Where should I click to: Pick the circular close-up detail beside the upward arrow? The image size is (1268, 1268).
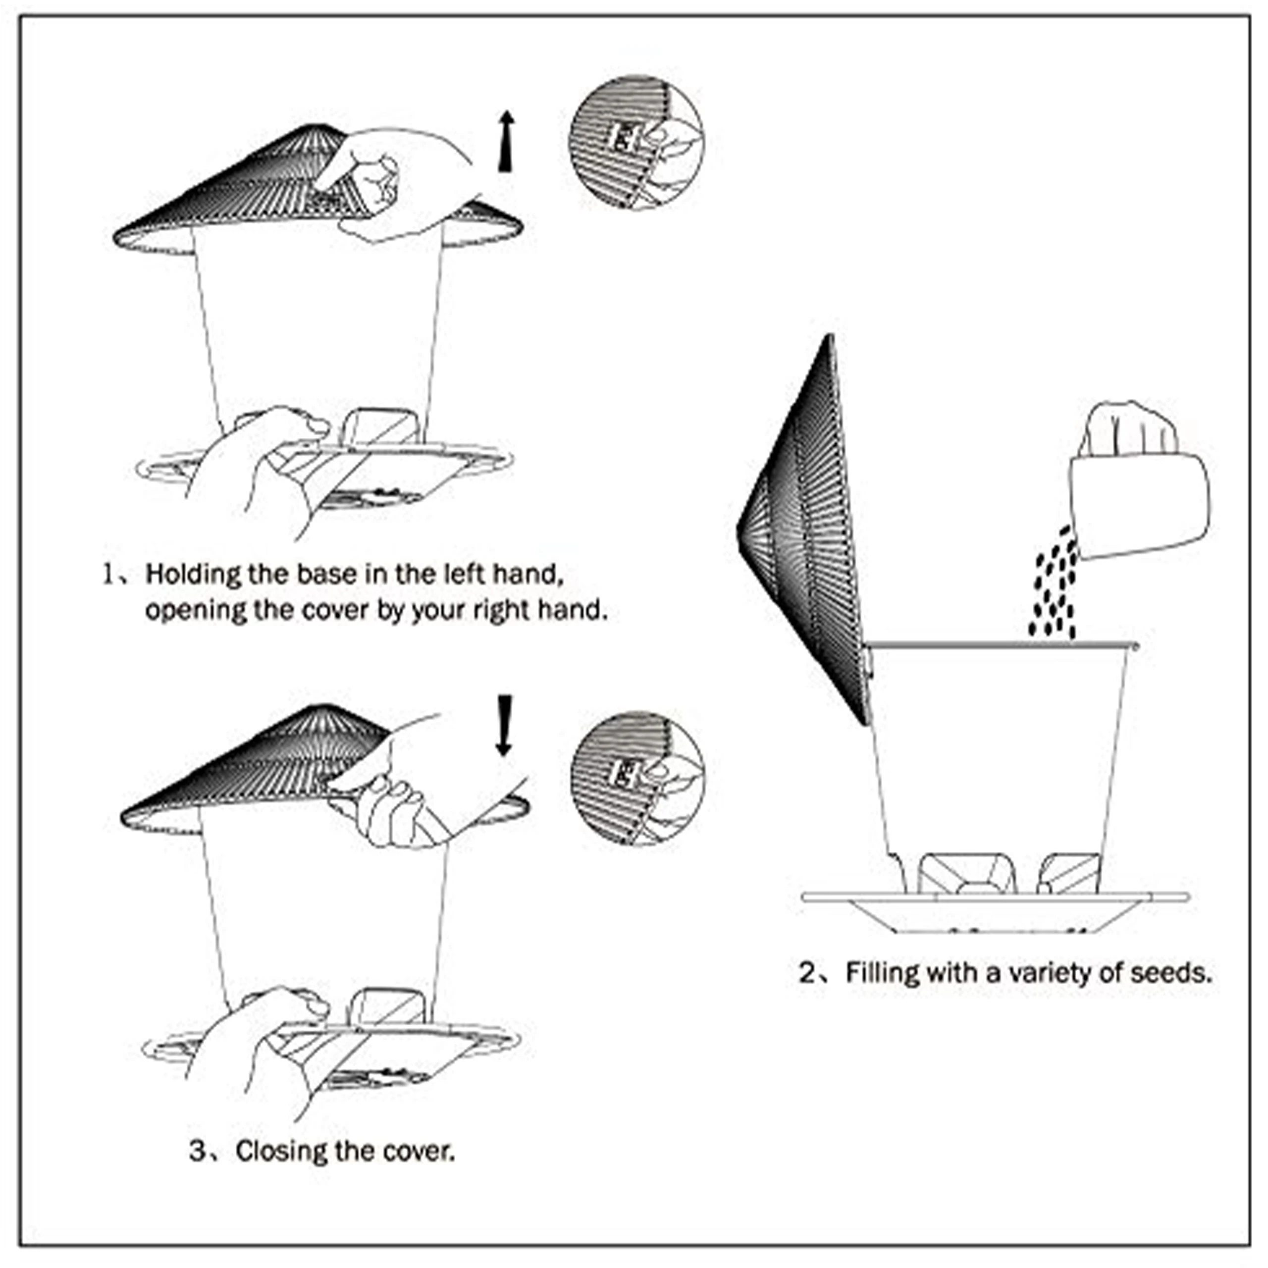(x=636, y=143)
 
